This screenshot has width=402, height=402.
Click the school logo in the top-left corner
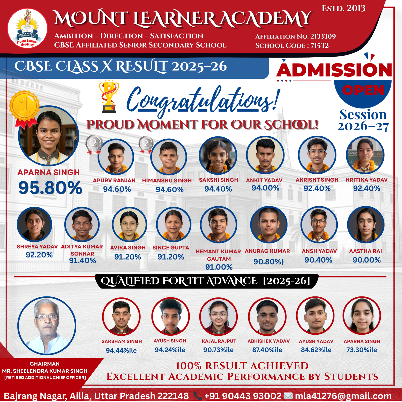[x=27, y=28]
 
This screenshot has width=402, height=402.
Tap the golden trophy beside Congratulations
[x=109, y=96]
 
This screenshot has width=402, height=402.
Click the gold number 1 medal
[x=24, y=106]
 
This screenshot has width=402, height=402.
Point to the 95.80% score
[x=50, y=188]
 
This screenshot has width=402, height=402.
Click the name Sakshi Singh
[x=218, y=180]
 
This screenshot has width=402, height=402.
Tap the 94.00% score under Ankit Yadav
[x=265, y=188]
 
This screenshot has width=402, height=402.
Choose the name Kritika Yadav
[x=367, y=180]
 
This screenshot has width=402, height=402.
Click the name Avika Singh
[x=128, y=247]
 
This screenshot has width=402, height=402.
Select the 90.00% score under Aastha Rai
[x=367, y=260]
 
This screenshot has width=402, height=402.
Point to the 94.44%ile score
[x=121, y=350]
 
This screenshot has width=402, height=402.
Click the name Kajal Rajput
[x=219, y=341]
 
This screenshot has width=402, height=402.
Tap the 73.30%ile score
[x=362, y=350]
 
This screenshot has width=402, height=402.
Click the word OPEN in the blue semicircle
[x=363, y=90]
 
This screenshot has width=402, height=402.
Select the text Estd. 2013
[x=343, y=8]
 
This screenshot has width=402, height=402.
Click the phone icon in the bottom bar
[x=198, y=396]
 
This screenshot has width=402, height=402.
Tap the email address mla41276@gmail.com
[x=343, y=396]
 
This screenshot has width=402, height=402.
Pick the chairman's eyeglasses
[x=47, y=317]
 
